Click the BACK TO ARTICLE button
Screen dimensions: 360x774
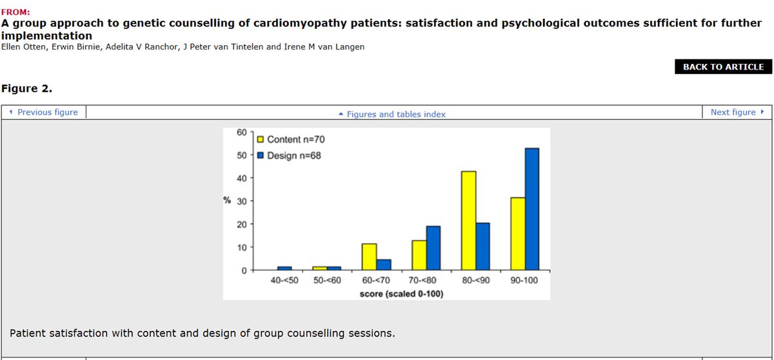pos(723,66)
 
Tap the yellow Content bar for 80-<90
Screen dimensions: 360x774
pos(469,221)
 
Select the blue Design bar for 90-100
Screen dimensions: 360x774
pos(532,209)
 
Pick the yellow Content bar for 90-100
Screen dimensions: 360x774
pos(517,234)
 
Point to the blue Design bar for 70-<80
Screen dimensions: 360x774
pos(433,248)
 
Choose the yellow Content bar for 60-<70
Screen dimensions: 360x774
pos(369,257)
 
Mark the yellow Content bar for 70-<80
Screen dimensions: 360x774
pos(419,255)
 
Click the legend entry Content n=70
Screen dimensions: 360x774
pos(295,139)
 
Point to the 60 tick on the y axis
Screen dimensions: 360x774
pos(242,132)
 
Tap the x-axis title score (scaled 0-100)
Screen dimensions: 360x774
pos(401,294)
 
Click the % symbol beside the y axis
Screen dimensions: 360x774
pos(227,200)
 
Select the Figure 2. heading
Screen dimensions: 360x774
pos(26,88)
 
